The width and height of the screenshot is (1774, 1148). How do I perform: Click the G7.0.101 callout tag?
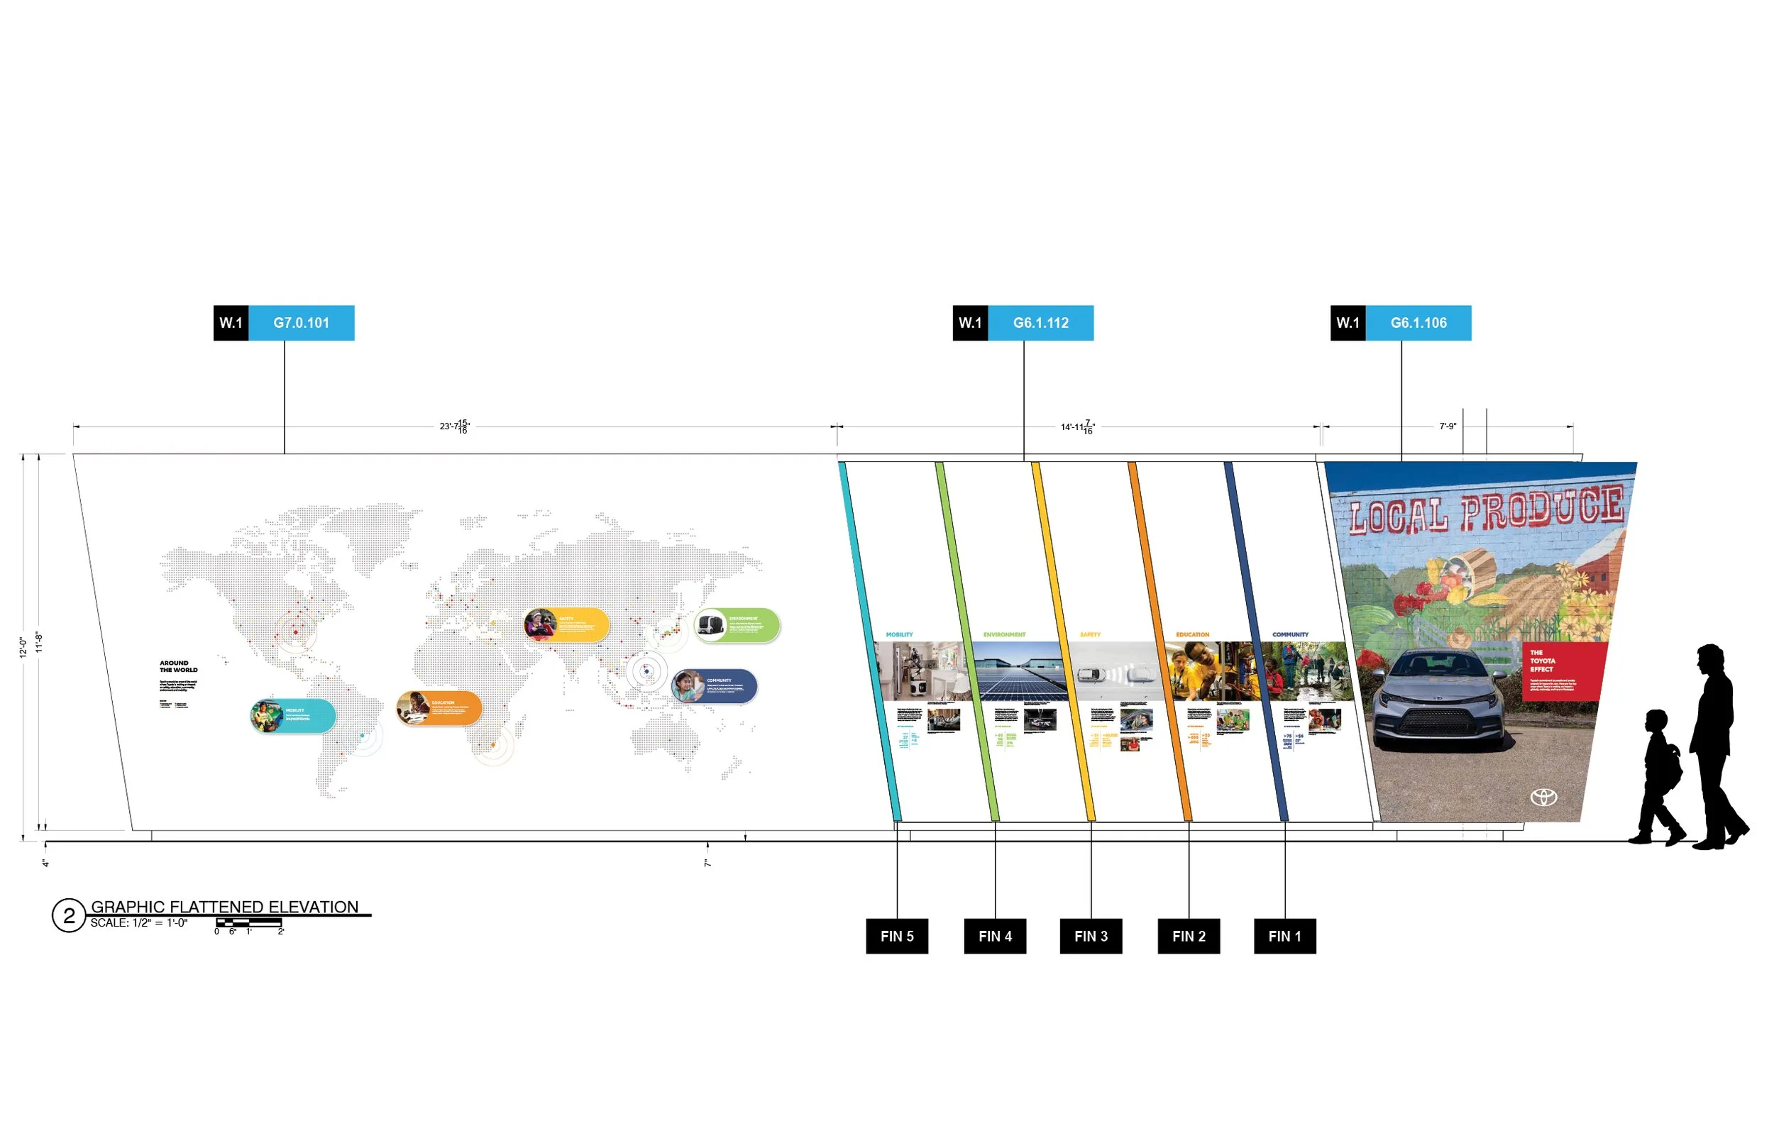coord(284,323)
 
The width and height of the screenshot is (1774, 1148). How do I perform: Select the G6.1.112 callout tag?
coord(1023,323)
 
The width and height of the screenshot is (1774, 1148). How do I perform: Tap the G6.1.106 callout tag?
coord(1401,323)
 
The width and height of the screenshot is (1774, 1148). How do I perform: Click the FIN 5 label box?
coord(897,937)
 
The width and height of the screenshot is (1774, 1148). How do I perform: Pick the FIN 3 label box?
coord(1091,937)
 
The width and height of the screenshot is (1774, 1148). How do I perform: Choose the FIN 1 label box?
coord(1284,937)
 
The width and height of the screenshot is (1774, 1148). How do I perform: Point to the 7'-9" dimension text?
coord(1448,426)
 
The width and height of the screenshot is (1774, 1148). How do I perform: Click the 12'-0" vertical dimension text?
coord(23,647)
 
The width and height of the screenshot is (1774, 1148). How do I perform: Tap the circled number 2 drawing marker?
coord(69,915)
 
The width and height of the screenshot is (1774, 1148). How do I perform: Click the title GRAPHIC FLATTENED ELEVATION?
coord(224,907)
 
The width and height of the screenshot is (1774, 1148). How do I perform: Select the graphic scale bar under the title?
coord(248,923)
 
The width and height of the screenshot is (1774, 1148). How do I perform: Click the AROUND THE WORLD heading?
coord(178,666)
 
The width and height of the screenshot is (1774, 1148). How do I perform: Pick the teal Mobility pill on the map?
coord(293,717)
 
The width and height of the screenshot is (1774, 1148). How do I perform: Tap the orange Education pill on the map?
coord(439,708)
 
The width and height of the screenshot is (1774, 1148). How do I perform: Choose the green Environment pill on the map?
coord(737,624)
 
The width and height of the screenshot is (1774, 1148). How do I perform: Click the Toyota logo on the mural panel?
coord(1543,797)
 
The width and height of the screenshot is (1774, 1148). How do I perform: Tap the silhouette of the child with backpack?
coord(1659,776)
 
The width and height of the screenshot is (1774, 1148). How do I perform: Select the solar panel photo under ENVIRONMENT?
coord(1020,671)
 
